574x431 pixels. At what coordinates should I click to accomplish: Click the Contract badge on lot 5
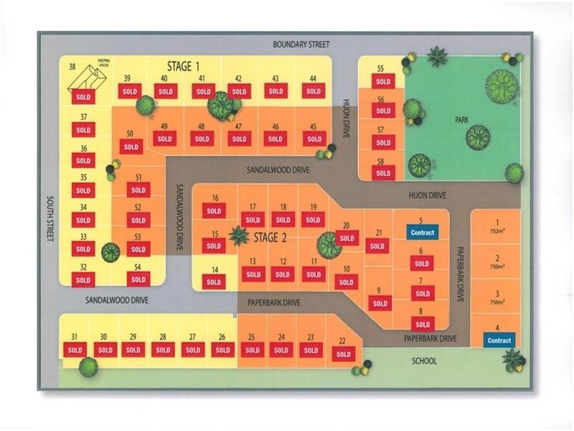tap(422, 232)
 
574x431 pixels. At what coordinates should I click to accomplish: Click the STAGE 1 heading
tap(183, 67)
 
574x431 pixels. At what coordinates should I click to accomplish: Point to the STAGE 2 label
tap(270, 238)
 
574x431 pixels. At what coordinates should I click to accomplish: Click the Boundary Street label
tap(301, 45)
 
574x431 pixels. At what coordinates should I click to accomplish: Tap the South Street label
tap(50, 220)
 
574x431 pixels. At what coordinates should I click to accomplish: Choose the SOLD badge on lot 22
tap(343, 354)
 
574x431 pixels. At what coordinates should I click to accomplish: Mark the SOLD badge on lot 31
tap(75, 350)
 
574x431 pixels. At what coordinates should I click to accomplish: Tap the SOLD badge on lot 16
tap(214, 210)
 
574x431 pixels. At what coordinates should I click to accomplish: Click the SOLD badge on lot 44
tap(312, 91)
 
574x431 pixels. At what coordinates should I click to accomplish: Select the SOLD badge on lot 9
tap(380, 303)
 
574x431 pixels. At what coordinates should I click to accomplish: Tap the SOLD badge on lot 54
tap(138, 280)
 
